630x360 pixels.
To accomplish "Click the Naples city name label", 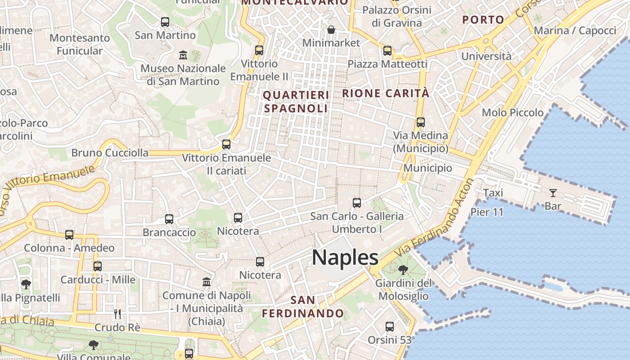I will click(x=345, y=257).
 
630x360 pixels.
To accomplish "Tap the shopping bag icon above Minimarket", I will click(x=331, y=30).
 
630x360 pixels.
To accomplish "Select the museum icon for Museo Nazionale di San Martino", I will click(x=183, y=55).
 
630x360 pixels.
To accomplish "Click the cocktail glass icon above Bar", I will click(x=553, y=193).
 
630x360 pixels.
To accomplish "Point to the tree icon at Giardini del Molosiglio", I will click(x=403, y=270).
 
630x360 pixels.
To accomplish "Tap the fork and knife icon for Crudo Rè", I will click(x=117, y=314).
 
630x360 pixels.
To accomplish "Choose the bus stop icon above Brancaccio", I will click(x=169, y=219).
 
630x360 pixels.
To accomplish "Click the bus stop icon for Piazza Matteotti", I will click(x=387, y=51).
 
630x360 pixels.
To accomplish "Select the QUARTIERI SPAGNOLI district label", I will click(x=296, y=102).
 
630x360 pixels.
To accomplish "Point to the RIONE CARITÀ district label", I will click(x=386, y=94).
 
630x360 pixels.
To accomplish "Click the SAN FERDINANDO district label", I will click(x=303, y=306).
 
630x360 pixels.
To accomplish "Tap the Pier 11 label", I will click(x=487, y=212).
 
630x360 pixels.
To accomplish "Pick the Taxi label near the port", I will click(x=493, y=193).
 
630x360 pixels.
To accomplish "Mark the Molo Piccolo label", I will click(x=513, y=112).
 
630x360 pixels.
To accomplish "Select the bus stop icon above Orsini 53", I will click(x=390, y=327).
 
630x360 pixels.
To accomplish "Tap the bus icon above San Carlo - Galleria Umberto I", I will click(x=357, y=203).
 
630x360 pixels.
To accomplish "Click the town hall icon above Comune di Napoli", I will click(x=207, y=282).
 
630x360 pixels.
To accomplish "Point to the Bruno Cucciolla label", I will click(x=110, y=153).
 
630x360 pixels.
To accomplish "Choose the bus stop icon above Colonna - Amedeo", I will click(x=69, y=235).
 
